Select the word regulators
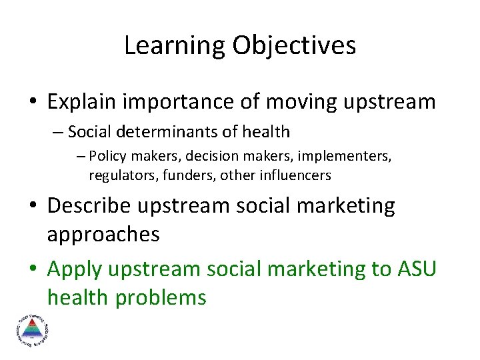(120, 175)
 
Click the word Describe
(89, 205)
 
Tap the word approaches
(103, 234)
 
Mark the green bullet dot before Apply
(35, 269)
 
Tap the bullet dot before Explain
(35, 103)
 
